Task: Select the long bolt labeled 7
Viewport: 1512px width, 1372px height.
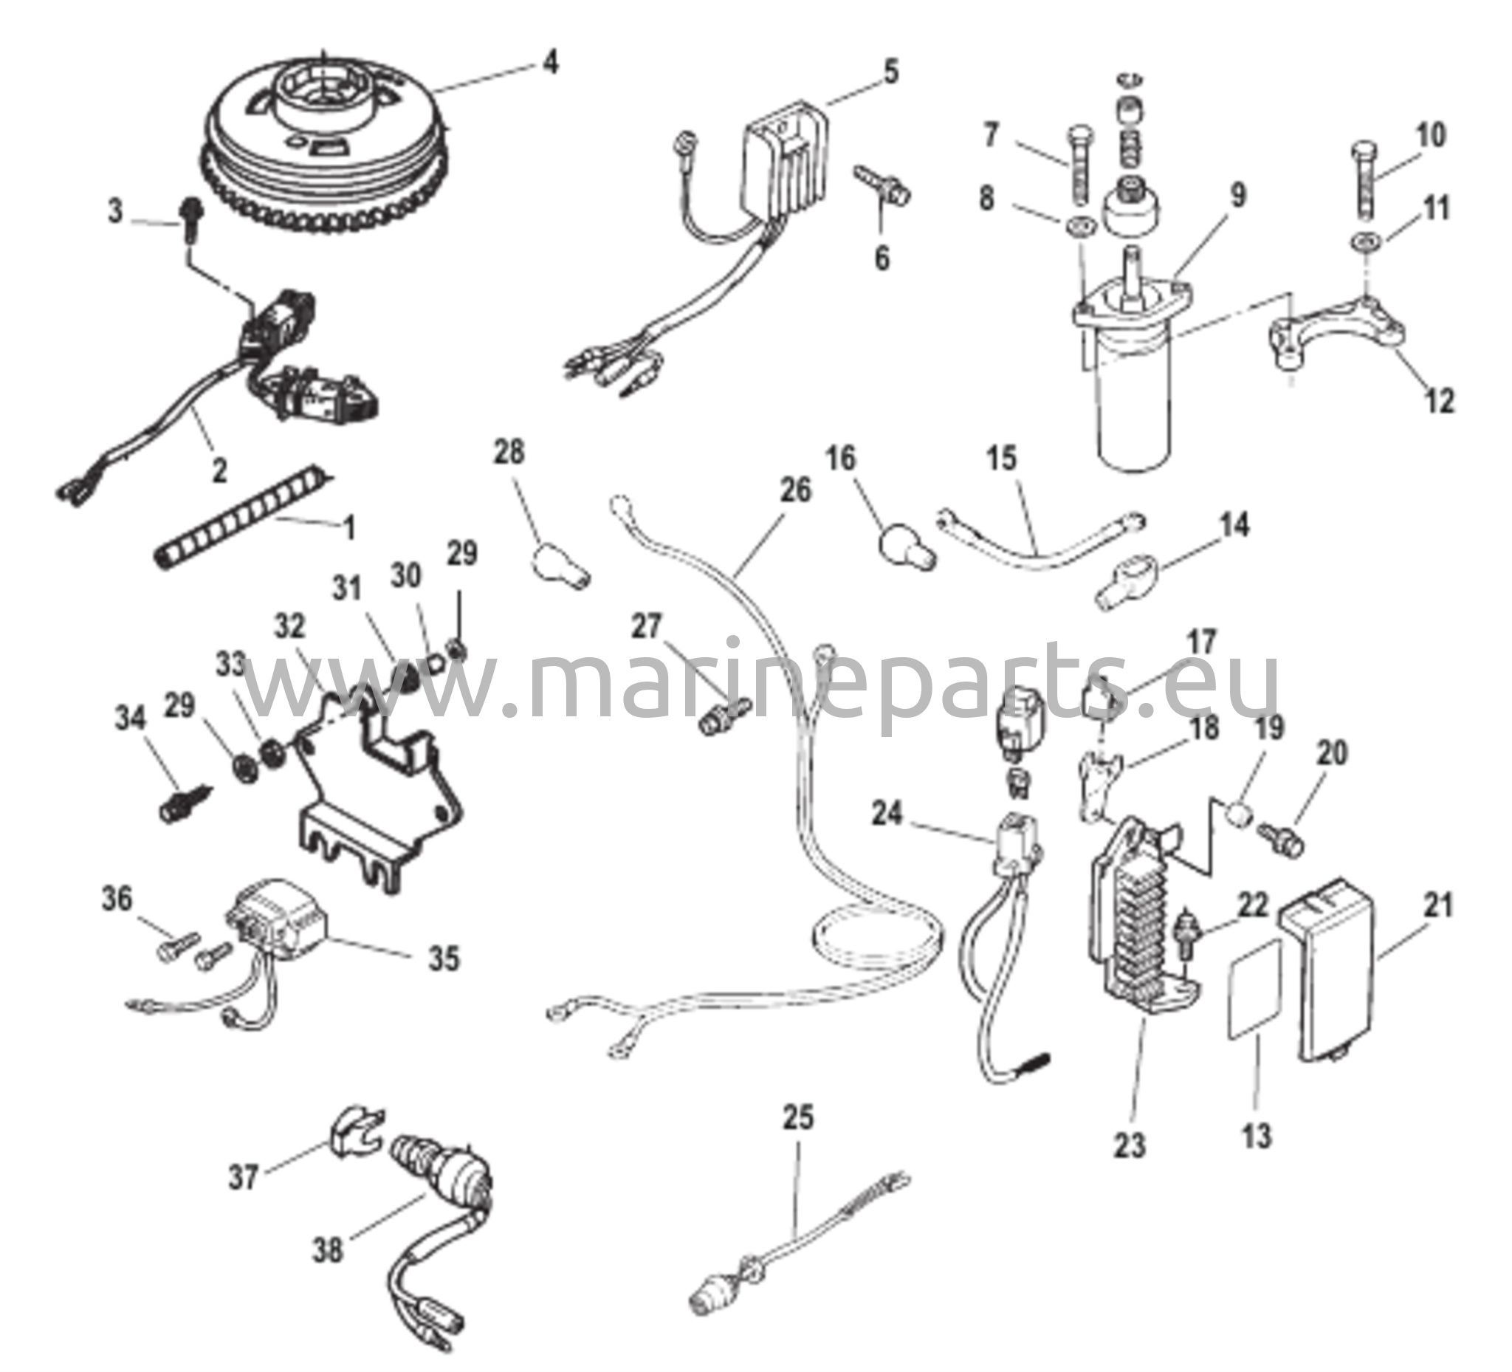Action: tap(1079, 174)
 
